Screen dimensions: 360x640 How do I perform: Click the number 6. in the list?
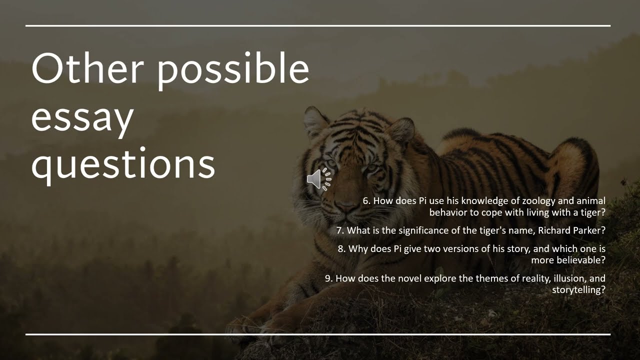click(x=367, y=201)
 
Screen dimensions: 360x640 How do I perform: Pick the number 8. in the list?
click(x=342, y=248)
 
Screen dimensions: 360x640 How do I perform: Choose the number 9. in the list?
click(x=329, y=278)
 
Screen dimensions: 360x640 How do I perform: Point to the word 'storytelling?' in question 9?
click(x=579, y=289)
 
